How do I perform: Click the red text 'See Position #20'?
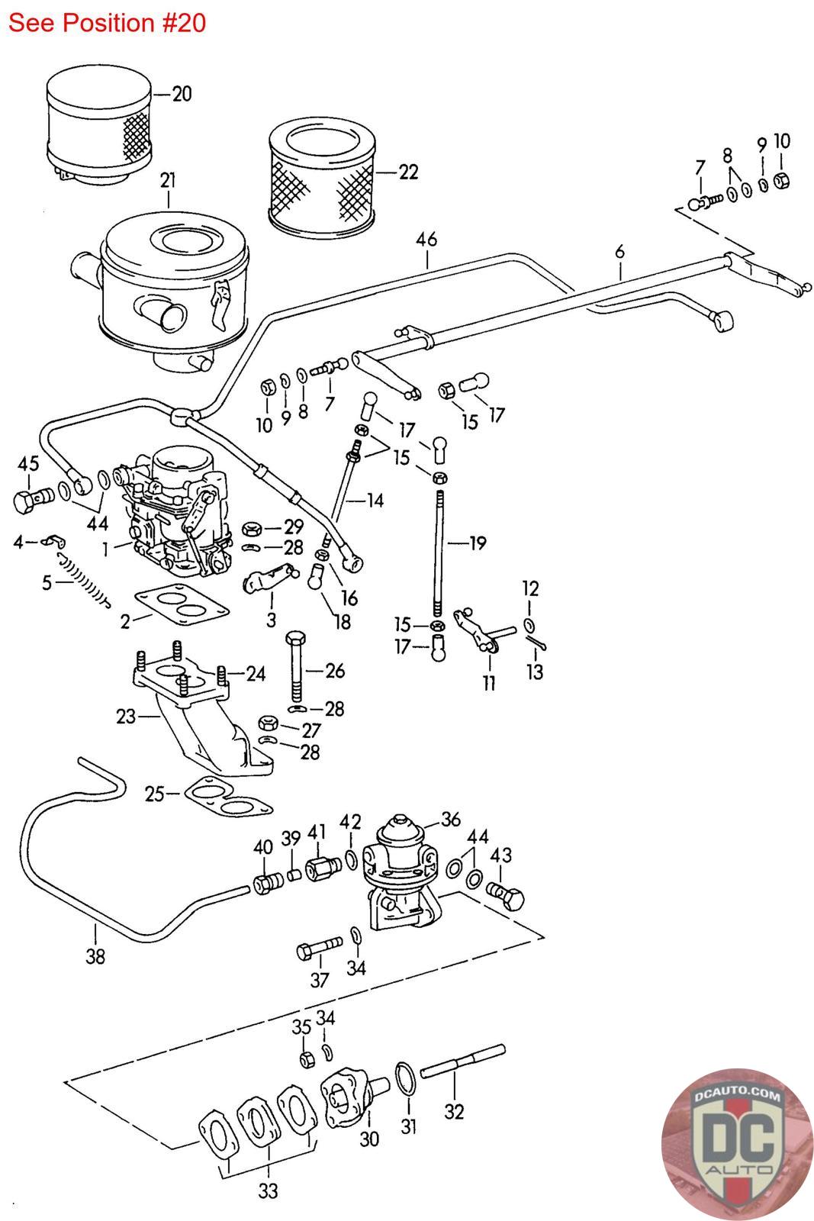coord(107,23)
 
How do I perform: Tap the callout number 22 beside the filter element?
coord(409,172)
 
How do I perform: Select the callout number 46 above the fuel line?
coord(426,239)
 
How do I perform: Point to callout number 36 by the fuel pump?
coord(451,820)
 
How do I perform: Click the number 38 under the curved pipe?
coord(95,956)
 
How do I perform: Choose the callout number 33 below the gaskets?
coord(268,1190)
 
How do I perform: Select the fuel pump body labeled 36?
coord(400,870)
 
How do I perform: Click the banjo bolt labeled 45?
coord(31,500)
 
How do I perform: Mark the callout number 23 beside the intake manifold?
coord(126,717)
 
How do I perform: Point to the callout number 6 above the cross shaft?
coord(619,251)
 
